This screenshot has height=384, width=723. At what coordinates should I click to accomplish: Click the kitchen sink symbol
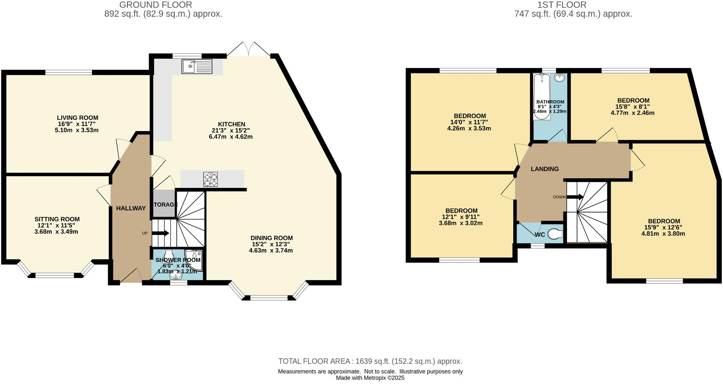coord(197,67)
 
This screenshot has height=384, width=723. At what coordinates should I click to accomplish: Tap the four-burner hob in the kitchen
coord(211,179)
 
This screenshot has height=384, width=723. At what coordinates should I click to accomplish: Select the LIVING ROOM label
coord(77,118)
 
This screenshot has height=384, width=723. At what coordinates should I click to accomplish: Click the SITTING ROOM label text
coord(57,219)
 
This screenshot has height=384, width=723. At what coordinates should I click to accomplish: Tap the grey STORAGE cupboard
coord(164,204)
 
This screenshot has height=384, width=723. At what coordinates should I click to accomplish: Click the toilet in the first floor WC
coord(555,234)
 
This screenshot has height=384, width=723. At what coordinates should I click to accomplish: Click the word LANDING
coord(545,169)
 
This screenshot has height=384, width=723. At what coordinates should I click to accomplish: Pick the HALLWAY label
coord(131,208)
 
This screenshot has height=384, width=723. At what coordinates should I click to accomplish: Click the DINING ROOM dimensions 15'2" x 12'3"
coord(271,244)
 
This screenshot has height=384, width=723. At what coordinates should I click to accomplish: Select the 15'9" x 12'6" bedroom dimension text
coord(663,227)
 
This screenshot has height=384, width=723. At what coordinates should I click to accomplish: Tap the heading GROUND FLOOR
coord(155,5)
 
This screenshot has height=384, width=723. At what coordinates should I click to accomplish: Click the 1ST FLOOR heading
coord(562,5)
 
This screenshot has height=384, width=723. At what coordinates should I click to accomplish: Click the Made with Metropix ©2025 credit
coord(370,378)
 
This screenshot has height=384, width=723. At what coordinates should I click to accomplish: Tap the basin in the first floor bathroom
coord(560,78)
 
